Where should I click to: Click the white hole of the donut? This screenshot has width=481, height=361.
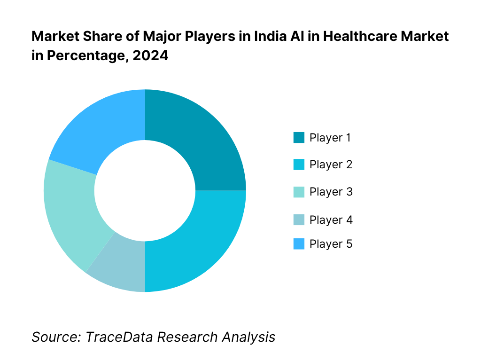[145, 190]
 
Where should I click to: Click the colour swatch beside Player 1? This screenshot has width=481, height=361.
[299, 138]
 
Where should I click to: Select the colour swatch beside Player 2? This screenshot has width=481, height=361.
[299, 165]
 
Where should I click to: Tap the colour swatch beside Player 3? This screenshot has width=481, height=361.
[299, 192]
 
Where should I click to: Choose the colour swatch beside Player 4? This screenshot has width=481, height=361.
[299, 220]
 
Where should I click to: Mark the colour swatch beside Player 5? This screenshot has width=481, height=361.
[299, 244]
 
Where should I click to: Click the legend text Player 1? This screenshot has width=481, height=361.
[331, 138]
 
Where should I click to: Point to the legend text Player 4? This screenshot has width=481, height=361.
[331, 220]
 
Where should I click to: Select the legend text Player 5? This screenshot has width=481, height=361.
[331, 244]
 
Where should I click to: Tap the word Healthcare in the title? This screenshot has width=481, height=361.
[357, 36]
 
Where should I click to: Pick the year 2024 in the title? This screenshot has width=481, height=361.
[150, 55]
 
